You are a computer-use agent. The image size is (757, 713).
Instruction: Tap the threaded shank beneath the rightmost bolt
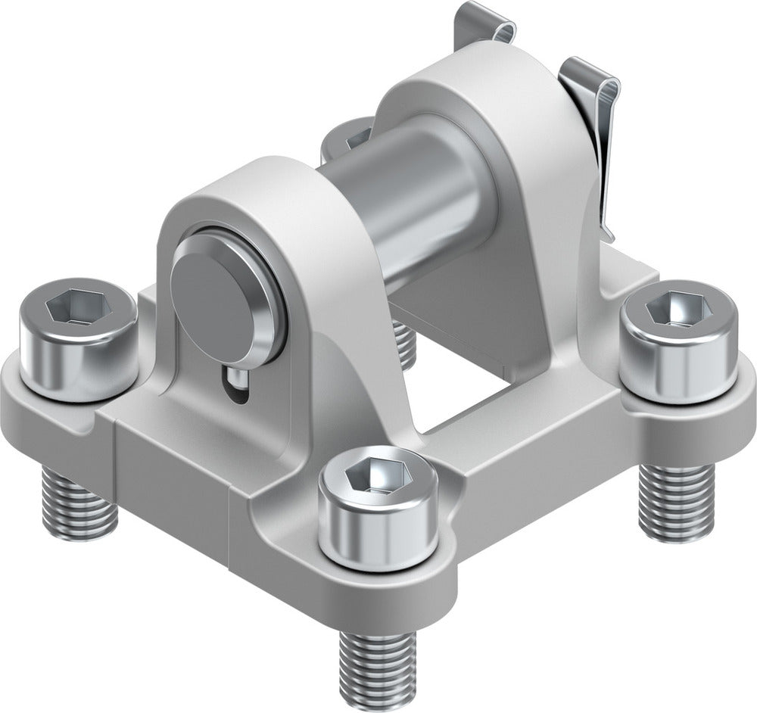tap(676, 500)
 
